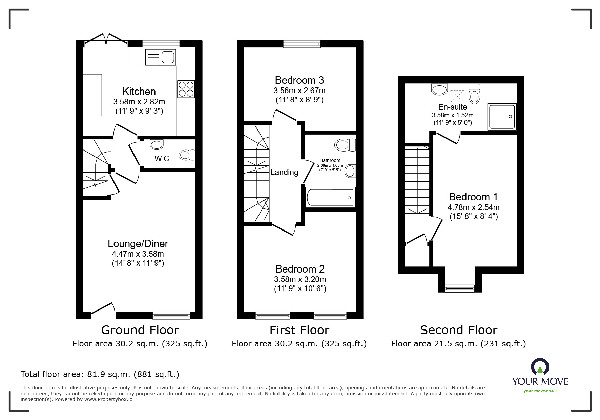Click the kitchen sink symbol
coord(161,57)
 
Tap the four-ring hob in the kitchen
coord(186,89)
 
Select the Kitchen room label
coord(139,92)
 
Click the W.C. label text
coord(163,159)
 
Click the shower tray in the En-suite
coord(502,117)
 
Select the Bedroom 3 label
coord(299,80)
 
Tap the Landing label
coord(284,172)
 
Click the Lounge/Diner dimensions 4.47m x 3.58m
coord(138,254)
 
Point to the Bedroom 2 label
coord(300,269)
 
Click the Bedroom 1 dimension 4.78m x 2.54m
coord(473,207)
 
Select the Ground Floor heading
coord(140,330)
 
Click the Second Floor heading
coord(458,330)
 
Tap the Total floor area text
coord(100,374)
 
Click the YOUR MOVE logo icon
coord(540,367)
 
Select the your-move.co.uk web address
coord(540,391)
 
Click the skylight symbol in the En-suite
coord(457,96)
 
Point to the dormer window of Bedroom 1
coord(460,288)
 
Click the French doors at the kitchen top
coord(106,39)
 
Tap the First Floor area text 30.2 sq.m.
coord(299,344)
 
